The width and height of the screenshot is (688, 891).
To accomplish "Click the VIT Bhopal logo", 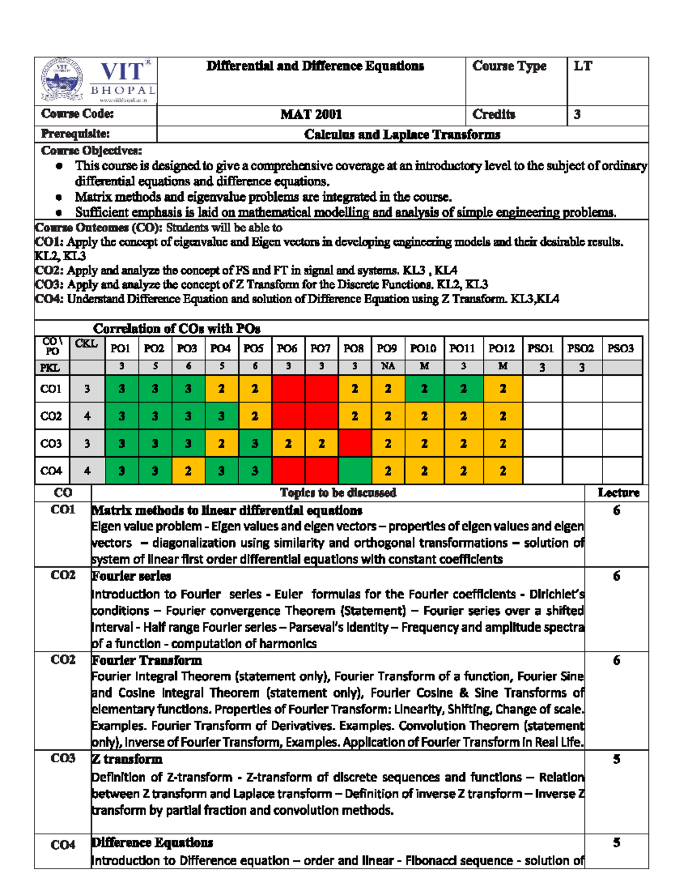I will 96,81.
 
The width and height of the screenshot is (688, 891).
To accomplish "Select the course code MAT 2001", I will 311,114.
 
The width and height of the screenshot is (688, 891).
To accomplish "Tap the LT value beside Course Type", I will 583,67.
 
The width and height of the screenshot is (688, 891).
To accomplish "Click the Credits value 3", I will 577,114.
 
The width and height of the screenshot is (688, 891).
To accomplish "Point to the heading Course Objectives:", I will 91,151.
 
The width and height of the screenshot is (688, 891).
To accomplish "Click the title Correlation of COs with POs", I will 177,329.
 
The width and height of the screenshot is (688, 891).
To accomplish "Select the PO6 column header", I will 287,348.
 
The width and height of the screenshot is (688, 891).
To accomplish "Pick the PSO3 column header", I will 620,348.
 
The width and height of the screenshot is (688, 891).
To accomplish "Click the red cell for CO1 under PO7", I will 321,388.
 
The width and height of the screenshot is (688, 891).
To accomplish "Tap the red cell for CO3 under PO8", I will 354,443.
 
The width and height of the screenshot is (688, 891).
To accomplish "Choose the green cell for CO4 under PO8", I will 354,470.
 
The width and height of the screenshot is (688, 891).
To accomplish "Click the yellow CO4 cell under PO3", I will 188,470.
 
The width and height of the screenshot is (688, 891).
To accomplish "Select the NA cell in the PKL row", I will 388,366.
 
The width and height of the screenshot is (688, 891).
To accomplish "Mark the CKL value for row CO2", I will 87,416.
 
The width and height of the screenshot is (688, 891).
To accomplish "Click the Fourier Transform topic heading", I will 147,660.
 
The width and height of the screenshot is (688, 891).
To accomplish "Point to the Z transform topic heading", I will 127,759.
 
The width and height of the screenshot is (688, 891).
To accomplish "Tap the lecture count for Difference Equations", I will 616,843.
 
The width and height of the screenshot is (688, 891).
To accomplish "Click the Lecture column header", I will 618,492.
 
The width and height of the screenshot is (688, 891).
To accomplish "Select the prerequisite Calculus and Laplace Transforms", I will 402,135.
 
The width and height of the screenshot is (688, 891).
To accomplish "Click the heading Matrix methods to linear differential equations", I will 227,511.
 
